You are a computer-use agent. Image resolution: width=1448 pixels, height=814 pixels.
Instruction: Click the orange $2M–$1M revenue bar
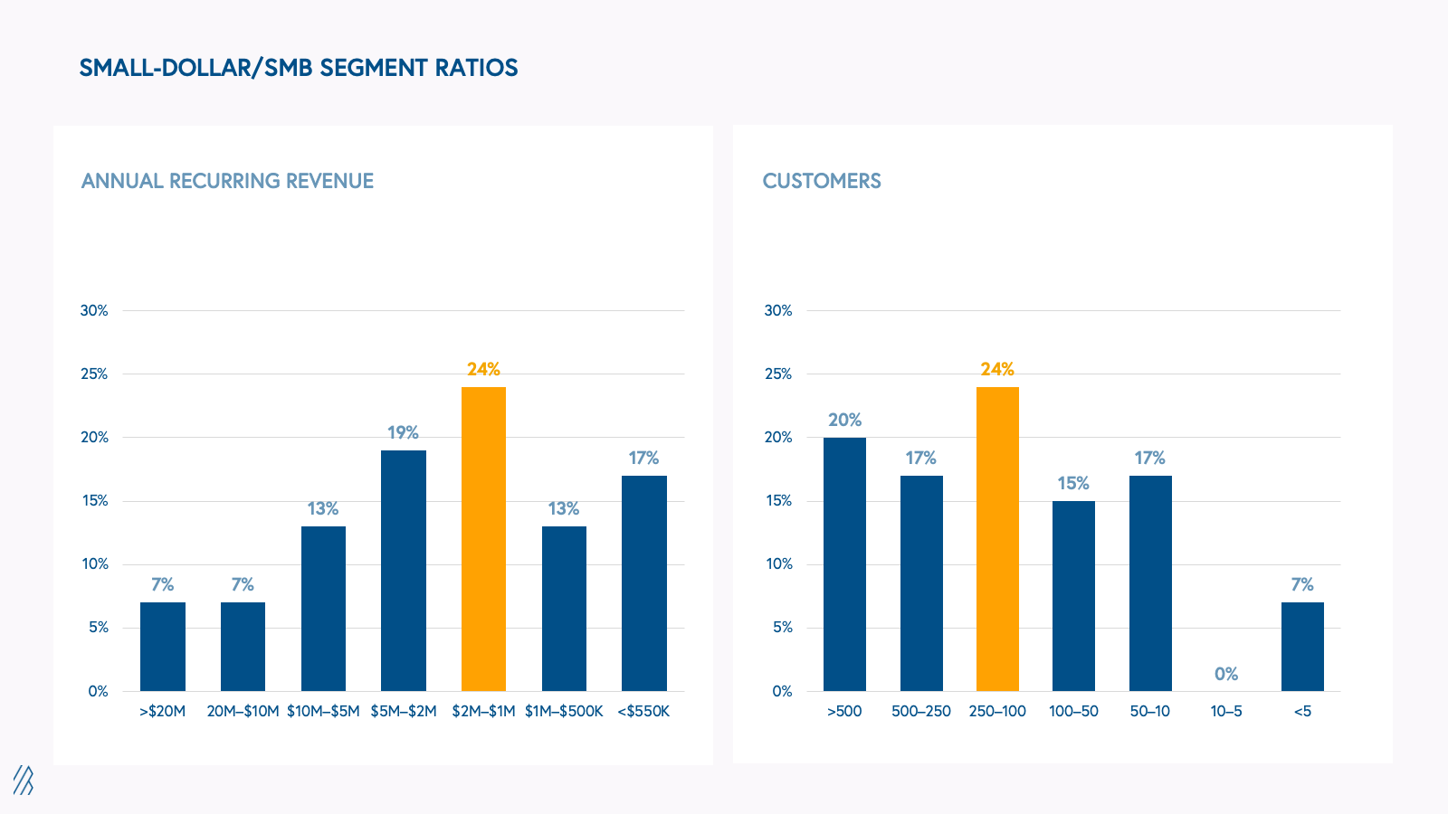(x=483, y=539)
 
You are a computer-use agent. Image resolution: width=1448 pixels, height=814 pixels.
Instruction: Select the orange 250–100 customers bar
(x=997, y=539)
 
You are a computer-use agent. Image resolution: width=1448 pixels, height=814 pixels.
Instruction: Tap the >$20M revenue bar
(x=163, y=647)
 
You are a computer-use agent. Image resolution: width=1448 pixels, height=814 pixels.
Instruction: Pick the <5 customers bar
(x=1302, y=647)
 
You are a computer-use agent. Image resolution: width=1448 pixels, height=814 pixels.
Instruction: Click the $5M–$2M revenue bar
(x=404, y=571)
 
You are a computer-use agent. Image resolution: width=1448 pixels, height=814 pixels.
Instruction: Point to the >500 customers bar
(x=844, y=564)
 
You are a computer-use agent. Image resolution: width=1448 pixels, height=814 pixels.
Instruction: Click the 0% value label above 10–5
(x=1226, y=674)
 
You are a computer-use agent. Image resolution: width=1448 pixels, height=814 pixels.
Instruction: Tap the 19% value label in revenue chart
(x=403, y=432)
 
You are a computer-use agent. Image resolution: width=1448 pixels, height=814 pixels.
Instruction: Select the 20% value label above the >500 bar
(x=844, y=420)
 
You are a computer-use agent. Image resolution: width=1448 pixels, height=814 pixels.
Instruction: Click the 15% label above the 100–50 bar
(x=1073, y=483)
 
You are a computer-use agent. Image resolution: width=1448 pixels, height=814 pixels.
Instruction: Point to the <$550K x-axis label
(x=643, y=711)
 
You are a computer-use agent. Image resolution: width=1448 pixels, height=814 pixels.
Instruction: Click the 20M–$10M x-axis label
(x=243, y=711)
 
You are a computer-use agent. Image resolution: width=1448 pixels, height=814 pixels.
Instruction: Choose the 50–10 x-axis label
(x=1149, y=711)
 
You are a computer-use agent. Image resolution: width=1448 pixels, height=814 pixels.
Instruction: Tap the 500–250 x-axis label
(x=921, y=711)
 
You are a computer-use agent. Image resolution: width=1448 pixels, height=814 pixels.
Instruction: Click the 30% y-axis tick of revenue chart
(x=94, y=310)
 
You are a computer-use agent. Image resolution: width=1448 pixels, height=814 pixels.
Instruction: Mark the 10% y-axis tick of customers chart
(x=778, y=563)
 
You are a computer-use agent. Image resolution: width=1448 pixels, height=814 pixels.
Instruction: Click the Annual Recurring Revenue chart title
(x=227, y=181)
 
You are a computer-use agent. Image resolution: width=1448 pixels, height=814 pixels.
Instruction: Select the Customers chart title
(x=822, y=181)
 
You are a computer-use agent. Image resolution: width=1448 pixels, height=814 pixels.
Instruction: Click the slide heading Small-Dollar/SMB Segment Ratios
(x=299, y=68)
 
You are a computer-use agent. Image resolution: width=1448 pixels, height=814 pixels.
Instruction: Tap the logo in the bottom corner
(x=24, y=780)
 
